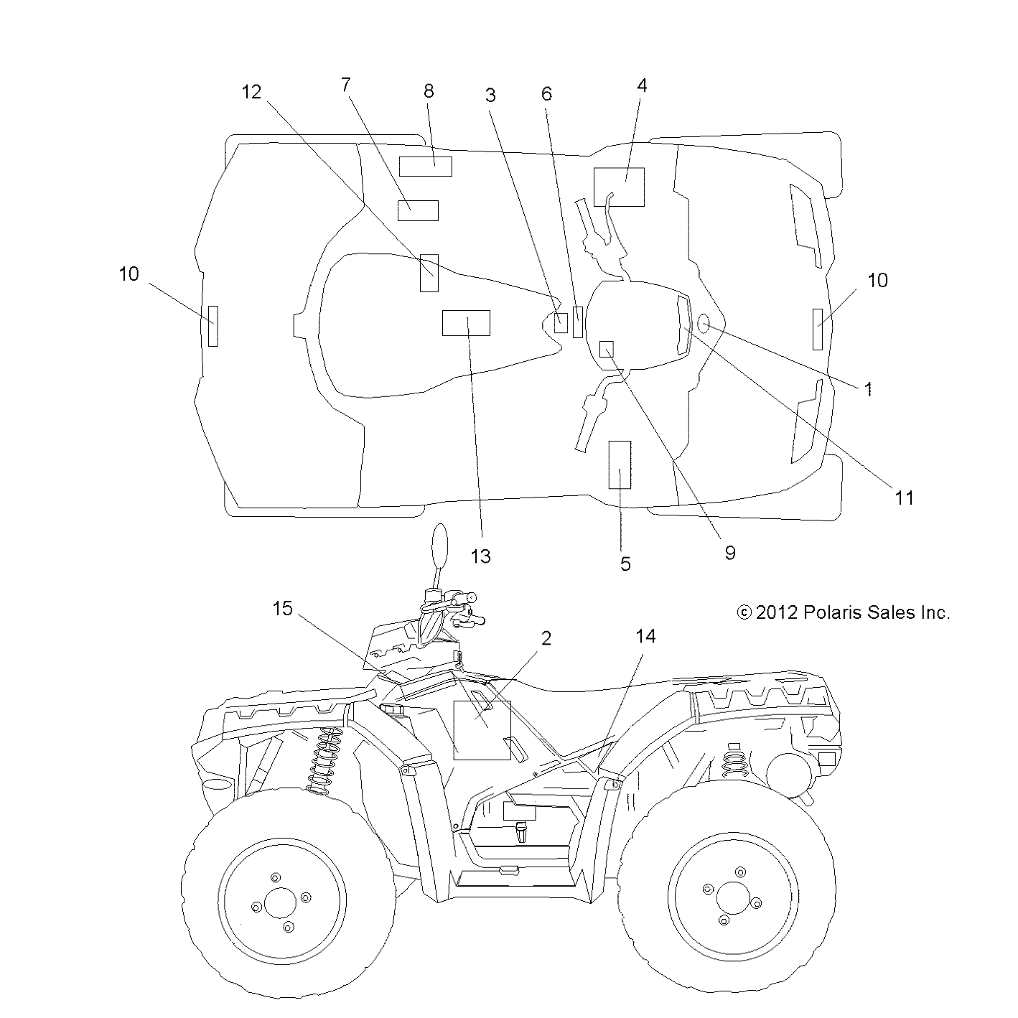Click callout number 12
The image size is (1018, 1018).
251,92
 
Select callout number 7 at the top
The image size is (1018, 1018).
345,85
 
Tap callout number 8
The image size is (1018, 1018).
429,91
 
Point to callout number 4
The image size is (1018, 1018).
642,85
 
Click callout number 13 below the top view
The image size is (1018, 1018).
480,556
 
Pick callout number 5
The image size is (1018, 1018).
625,564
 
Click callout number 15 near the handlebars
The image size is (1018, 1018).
283,609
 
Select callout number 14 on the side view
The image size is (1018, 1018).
645,636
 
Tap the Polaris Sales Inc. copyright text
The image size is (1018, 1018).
844,612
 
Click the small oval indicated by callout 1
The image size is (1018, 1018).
704,324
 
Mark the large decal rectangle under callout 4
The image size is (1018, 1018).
619,187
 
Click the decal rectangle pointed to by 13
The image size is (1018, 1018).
466,323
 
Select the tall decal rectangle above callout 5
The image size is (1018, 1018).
620,464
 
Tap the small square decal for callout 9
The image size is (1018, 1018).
607,348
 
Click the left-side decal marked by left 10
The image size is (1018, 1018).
213,325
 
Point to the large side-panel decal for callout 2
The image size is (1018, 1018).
482,729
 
